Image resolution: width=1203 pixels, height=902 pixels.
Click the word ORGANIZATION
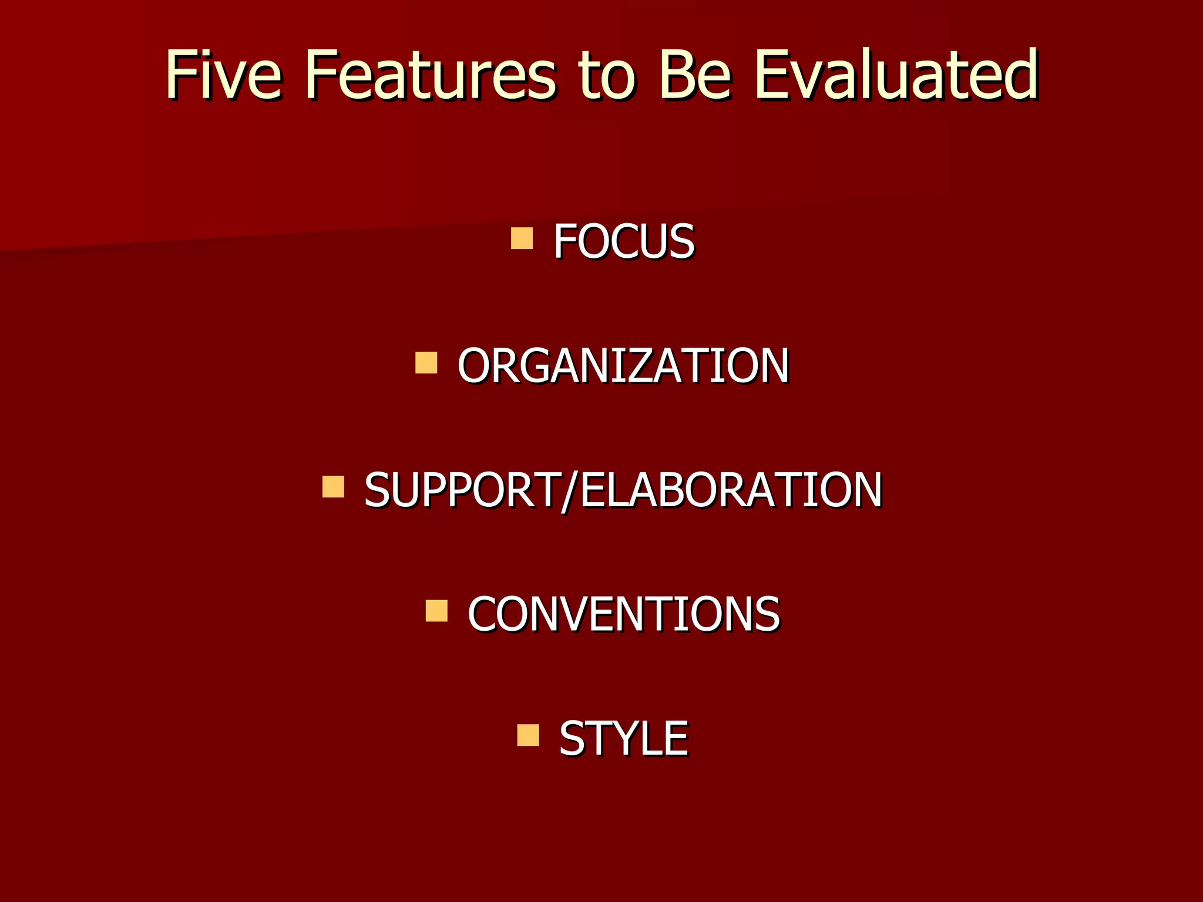click(623, 366)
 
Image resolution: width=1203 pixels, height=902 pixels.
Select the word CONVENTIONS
click(624, 614)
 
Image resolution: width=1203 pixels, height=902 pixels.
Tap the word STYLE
click(623, 739)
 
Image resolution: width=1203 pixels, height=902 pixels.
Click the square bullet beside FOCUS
click(522, 238)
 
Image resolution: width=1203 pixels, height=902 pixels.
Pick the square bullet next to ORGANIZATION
click(426, 363)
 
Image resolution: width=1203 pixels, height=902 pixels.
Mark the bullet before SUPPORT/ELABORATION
click(333, 487)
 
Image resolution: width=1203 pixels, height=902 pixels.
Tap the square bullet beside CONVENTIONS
click(436, 611)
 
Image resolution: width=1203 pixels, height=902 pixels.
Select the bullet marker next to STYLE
click(527, 735)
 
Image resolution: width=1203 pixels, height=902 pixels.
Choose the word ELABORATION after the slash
click(731, 490)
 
